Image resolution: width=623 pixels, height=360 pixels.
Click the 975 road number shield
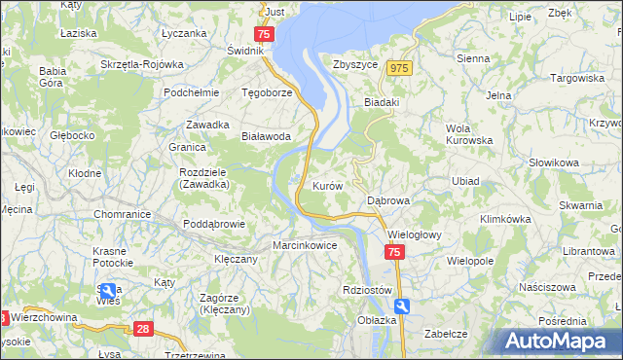pyautogui.click(x=398, y=68)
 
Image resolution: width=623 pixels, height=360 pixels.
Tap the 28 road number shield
pyautogui.click(x=143, y=329)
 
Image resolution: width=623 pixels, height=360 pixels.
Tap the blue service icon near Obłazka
pyautogui.click(x=403, y=306)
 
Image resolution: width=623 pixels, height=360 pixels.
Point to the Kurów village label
pyautogui.click(x=327, y=185)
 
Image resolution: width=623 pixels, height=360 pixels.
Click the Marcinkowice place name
pyautogui.click(x=305, y=245)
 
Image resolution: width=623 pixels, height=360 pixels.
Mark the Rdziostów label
pyautogui.click(x=367, y=290)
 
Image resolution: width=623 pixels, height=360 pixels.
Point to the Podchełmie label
pyautogui.click(x=190, y=93)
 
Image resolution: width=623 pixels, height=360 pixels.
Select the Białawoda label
pyautogui.click(x=266, y=137)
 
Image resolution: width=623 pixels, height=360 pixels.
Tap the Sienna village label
pyautogui.click(x=473, y=58)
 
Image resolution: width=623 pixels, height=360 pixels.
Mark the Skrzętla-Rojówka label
pyautogui.click(x=142, y=64)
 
